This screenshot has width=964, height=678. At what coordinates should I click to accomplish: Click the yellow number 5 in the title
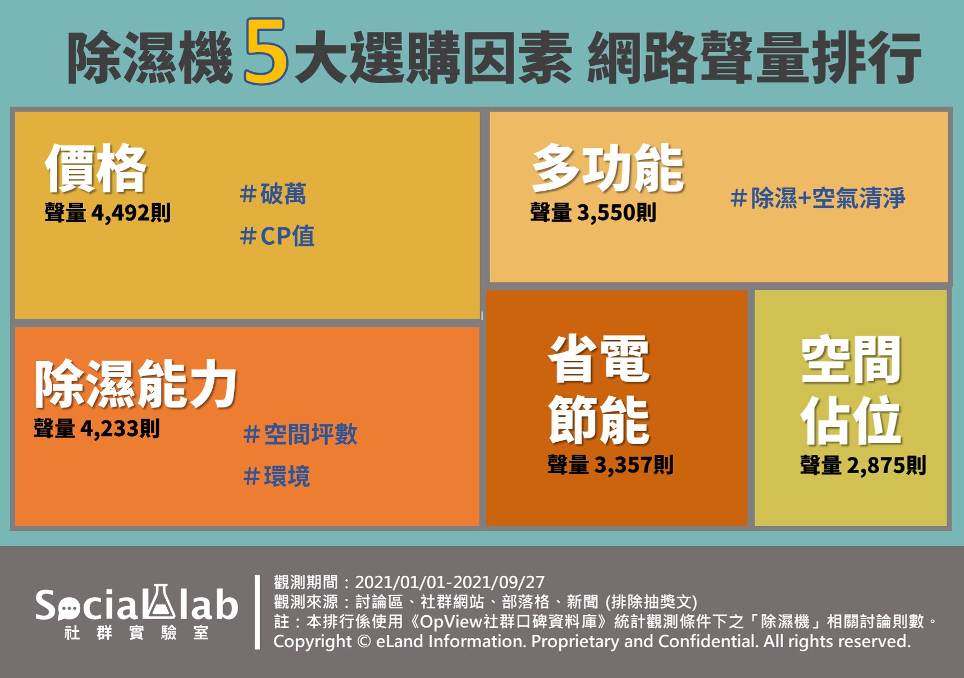(x=266, y=52)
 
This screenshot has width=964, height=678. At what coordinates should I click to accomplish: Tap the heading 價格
(x=95, y=168)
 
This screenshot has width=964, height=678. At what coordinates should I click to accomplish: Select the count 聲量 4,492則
(x=108, y=213)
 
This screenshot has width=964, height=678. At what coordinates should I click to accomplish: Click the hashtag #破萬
(x=273, y=194)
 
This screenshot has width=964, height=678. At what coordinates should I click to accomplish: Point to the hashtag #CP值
(x=277, y=236)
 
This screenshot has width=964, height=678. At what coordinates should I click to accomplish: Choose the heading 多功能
(x=608, y=168)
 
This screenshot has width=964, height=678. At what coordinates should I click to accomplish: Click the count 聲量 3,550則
(x=593, y=213)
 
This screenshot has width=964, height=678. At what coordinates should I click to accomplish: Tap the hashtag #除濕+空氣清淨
(x=818, y=198)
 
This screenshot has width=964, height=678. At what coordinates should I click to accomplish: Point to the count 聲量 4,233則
(x=97, y=429)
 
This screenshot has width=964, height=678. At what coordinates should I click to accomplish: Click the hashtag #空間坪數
(x=300, y=434)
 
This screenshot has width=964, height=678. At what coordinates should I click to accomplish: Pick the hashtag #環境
(x=276, y=477)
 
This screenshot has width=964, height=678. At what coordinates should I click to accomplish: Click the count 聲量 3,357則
(x=610, y=465)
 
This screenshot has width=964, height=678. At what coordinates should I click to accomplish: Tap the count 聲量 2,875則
(x=863, y=465)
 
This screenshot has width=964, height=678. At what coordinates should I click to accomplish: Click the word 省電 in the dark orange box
(x=599, y=359)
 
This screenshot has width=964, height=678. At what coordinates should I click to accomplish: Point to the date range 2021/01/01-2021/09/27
(x=450, y=582)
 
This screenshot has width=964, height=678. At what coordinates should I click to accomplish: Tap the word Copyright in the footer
(x=313, y=642)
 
